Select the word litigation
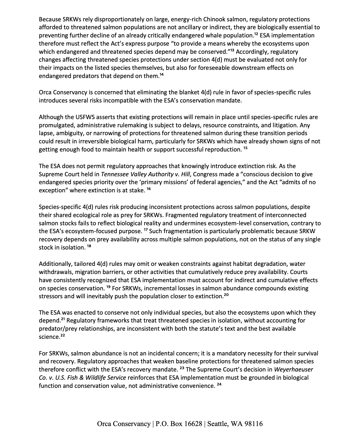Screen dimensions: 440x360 [284, 125]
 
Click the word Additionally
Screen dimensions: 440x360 [55, 264]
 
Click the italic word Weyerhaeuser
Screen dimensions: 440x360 [294, 370]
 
